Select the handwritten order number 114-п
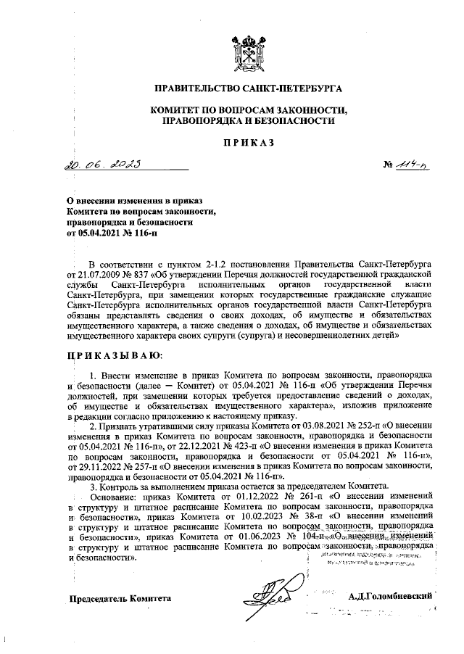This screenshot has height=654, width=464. click(412, 167)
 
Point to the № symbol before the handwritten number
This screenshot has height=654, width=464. click(389, 168)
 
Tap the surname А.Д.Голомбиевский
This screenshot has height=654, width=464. click(391, 597)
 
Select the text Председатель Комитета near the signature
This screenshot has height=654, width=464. click(120, 598)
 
